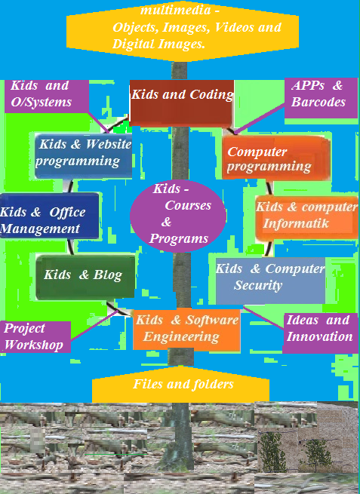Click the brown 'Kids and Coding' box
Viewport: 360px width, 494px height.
182,103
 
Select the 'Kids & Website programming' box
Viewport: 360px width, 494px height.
83,156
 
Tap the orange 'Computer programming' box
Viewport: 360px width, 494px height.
276,158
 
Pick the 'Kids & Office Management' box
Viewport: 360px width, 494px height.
49,216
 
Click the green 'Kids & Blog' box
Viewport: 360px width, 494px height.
85,277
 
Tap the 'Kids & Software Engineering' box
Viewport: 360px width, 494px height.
186,330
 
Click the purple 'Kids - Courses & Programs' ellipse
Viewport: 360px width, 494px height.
178,216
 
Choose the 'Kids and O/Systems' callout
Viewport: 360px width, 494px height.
47,96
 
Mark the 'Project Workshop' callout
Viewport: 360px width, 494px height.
35,337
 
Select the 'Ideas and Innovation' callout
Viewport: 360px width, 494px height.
320,333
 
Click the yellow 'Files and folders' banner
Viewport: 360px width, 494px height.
180,385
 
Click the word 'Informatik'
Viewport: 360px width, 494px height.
296,224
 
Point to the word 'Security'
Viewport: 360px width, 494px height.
258,285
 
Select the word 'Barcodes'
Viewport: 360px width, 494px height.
318,102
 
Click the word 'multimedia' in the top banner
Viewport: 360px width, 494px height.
176,10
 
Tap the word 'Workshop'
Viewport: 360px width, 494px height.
34,345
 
